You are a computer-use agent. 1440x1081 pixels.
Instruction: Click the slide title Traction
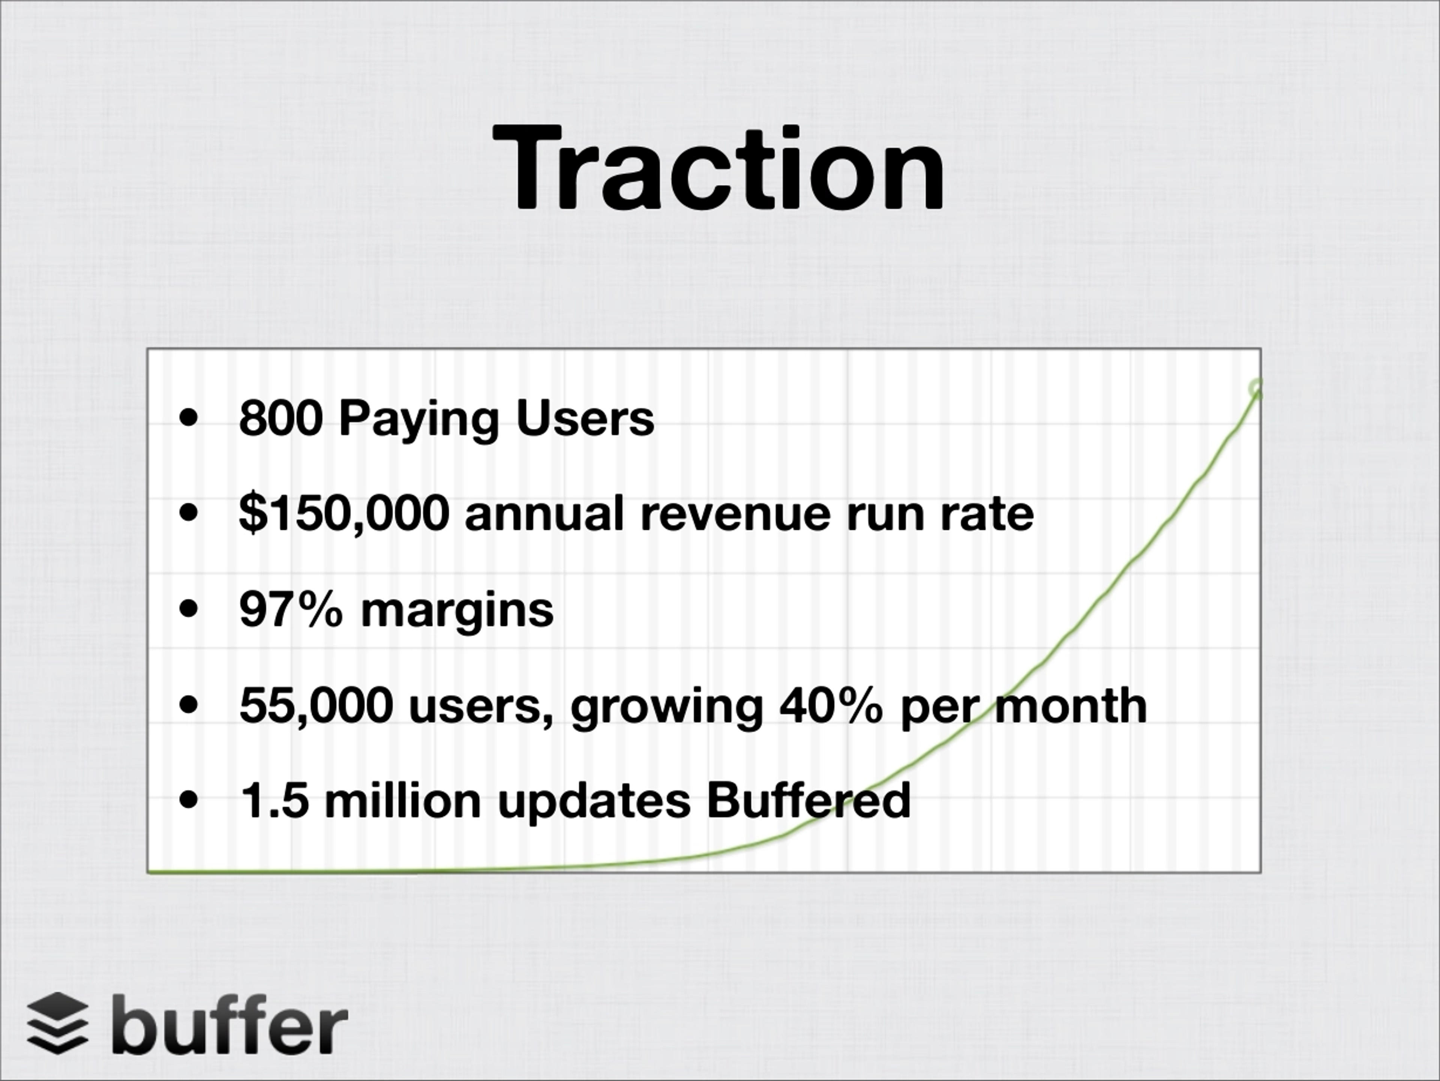(x=719, y=169)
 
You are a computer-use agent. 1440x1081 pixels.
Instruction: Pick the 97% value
(x=290, y=609)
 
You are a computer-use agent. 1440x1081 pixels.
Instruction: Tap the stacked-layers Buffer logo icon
(x=57, y=1023)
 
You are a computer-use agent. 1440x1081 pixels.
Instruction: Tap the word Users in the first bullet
(x=585, y=418)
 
